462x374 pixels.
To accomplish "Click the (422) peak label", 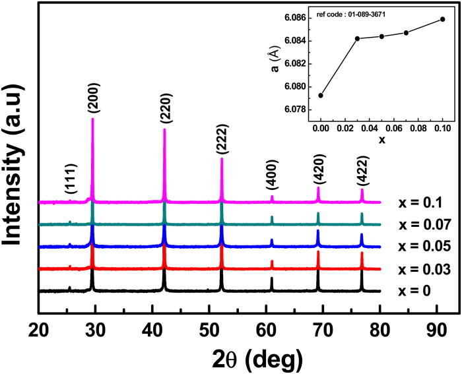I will pos(362,171).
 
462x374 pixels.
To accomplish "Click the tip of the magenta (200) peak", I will pos(92,119).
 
